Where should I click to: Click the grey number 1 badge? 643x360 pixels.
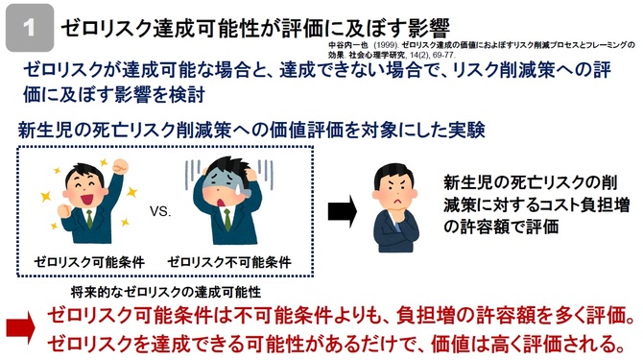pyautogui.click(x=30, y=28)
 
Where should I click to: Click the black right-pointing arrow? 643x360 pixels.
pyautogui.click(x=343, y=211)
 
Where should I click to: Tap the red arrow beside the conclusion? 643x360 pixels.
pyautogui.click(x=20, y=327)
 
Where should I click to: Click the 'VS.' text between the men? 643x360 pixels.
pyautogui.click(x=160, y=211)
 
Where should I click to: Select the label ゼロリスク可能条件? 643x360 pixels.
pyautogui.click(x=89, y=261)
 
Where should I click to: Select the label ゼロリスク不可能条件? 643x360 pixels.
pyautogui.click(x=229, y=261)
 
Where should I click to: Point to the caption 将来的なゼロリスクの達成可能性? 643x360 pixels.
pyautogui.click(x=166, y=292)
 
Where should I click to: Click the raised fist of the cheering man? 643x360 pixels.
pyautogui.click(x=121, y=166)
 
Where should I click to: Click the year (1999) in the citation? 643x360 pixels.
pyautogui.click(x=386, y=45)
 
